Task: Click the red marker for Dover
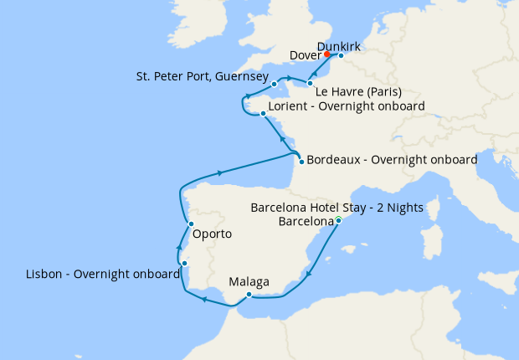(327, 56)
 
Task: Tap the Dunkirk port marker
(341, 56)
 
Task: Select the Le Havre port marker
(311, 84)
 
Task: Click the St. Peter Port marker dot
(275, 85)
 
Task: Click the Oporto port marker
(192, 224)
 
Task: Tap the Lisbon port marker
(184, 264)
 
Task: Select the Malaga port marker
(249, 294)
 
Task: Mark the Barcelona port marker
(338, 221)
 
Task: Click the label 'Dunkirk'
(339, 44)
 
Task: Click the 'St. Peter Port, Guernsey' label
(202, 77)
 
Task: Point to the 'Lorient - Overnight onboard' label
(347, 106)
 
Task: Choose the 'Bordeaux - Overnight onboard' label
(392, 159)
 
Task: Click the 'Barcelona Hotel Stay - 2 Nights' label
(337, 207)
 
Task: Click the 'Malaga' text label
(249, 282)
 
